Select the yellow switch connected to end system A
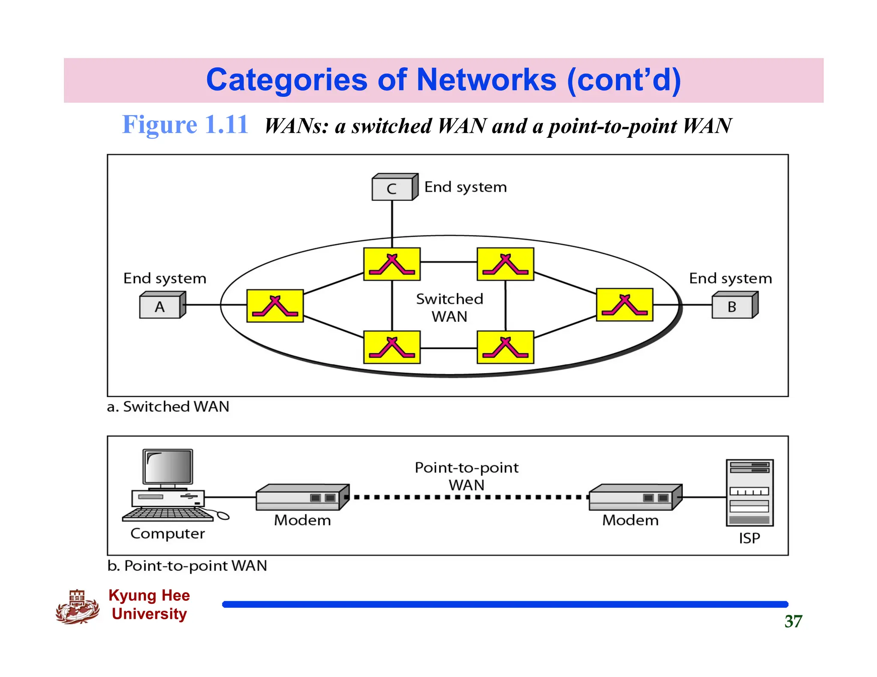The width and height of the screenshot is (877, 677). pyautogui.click(x=275, y=306)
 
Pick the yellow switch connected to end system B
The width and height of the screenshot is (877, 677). pyautogui.click(x=624, y=305)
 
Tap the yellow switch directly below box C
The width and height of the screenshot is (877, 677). pyautogui.click(x=392, y=264)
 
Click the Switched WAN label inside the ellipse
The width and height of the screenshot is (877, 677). pyautogui.click(x=449, y=307)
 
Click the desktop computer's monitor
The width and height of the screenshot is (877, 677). pyautogui.click(x=168, y=467)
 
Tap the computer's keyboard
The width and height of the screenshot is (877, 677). pyautogui.click(x=168, y=514)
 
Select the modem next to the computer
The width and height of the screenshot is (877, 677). pyautogui.click(x=302, y=497)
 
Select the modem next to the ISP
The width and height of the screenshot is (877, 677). pyautogui.click(x=635, y=497)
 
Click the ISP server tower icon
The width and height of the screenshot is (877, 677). pyautogui.click(x=749, y=493)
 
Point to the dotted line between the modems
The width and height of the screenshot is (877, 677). pyautogui.click(x=469, y=497)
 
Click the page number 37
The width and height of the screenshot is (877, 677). pyautogui.click(x=793, y=621)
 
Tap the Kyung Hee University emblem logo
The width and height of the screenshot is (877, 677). pyautogui.click(x=77, y=607)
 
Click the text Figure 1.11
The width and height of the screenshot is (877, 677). pyautogui.click(x=185, y=125)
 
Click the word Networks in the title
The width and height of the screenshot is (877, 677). pyautogui.click(x=486, y=80)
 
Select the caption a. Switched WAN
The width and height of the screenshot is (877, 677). pyautogui.click(x=168, y=407)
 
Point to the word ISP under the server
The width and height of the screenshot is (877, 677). pyautogui.click(x=749, y=538)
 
